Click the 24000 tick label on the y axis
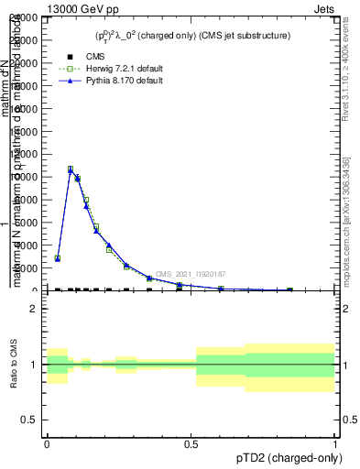pos(24,18)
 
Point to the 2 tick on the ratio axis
pos(35,309)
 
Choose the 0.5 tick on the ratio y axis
pos(30,420)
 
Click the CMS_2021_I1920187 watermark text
pos(191,274)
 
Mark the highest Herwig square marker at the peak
pos(71,169)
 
